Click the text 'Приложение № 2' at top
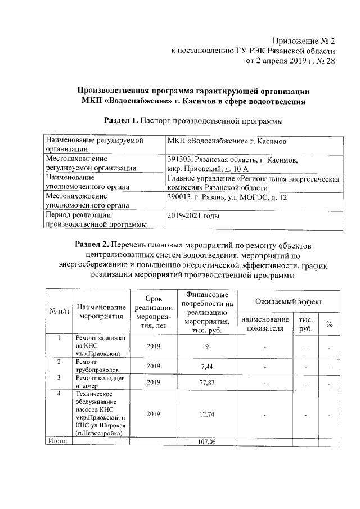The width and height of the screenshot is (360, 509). click(x=304, y=41)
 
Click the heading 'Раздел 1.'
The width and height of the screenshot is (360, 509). click(x=121, y=120)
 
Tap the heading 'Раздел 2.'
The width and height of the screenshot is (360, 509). click(x=92, y=245)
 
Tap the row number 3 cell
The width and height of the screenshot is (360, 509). click(x=59, y=377)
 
